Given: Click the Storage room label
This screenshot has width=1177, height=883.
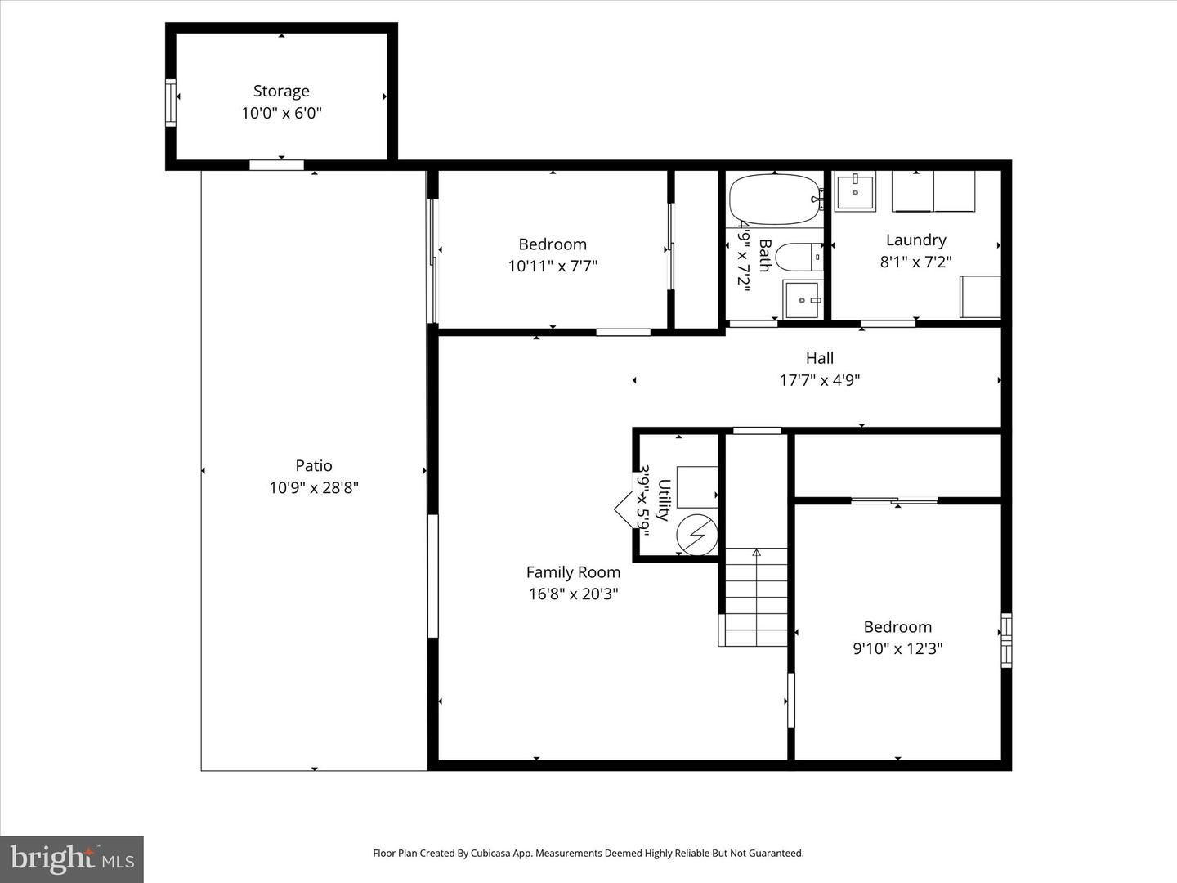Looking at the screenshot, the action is coord(281,91).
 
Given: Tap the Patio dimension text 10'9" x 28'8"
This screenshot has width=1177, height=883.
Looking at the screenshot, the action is coord(314,488).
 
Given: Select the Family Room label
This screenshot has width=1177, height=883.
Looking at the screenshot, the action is coord(573,572).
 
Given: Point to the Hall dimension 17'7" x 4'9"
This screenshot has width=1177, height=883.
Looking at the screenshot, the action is coord(819,380).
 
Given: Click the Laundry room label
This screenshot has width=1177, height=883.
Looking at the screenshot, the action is coord(916,240).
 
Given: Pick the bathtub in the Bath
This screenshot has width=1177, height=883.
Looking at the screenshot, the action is coord(775,199).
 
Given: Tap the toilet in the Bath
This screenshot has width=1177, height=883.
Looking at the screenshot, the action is coord(799,258).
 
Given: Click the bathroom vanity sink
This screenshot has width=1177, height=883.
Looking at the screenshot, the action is coord(802,299).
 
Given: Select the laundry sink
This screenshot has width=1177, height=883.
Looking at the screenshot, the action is coord(855,190).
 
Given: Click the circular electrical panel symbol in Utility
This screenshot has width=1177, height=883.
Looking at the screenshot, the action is coord(696,535).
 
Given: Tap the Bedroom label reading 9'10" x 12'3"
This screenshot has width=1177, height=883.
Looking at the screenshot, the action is coord(897,627).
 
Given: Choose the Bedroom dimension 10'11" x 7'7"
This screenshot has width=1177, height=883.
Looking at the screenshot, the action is coord(553,266).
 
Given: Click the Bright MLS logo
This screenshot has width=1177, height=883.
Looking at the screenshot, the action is coord(72,860).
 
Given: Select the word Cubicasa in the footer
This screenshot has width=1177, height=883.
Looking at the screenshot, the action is coord(489,853).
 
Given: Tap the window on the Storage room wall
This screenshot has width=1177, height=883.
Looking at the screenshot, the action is coord(171,102).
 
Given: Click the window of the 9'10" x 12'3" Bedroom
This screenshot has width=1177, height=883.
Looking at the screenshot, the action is coord(1006,640).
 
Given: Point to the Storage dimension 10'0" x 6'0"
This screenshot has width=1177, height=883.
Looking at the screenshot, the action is coord(281,113).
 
